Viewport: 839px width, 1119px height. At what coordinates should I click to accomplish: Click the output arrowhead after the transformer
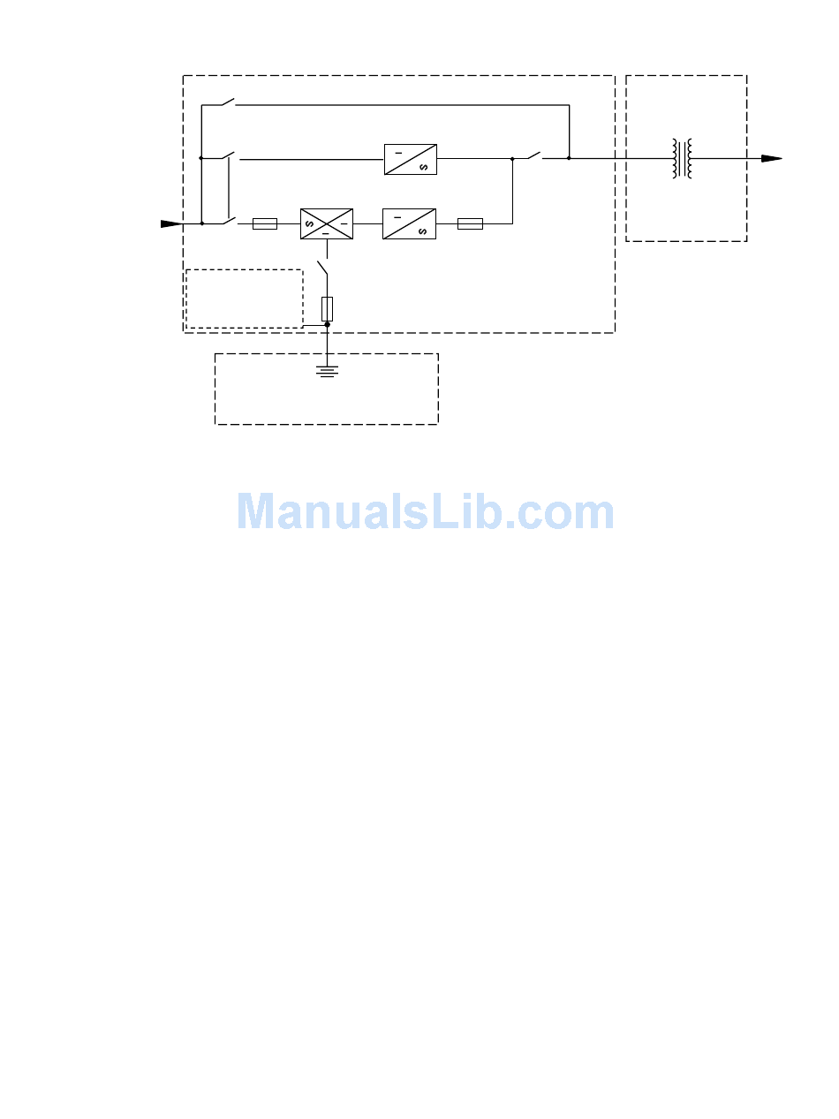tap(772, 158)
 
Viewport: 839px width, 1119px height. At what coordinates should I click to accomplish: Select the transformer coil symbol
tap(683, 158)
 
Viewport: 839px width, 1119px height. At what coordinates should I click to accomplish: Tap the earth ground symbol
tap(328, 371)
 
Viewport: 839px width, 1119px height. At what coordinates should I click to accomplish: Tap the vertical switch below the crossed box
tap(323, 267)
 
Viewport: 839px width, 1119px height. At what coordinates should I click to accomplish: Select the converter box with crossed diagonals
tap(326, 224)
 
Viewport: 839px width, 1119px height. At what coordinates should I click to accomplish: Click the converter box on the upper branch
tap(411, 159)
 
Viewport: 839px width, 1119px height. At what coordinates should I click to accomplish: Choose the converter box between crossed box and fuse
tap(409, 224)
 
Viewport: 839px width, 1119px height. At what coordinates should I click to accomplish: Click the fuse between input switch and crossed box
tap(265, 224)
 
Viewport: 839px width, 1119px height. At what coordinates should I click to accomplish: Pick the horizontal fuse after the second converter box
tap(470, 224)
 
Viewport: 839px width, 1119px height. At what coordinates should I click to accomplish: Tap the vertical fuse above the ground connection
tap(328, 308)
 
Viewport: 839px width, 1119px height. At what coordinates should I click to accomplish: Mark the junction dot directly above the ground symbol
tap(328, 325)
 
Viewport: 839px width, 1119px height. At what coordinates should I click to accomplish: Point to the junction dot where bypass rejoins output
tap(569, 159)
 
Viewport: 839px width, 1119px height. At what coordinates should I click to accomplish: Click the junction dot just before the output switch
tap(512, 159)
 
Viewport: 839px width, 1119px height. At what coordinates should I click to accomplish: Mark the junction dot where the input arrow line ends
tap(202, 224)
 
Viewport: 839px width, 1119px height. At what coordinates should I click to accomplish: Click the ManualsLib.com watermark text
tap(426, 512)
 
